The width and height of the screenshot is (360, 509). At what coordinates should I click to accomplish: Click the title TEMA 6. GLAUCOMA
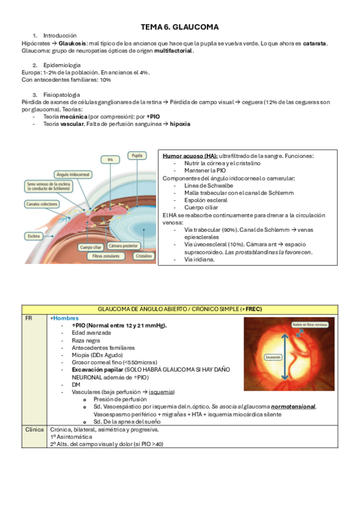(x=179, y=27)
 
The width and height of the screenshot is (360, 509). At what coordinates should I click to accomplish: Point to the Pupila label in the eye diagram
(x=137, y=155)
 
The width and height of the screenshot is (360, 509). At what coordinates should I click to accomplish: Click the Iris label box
(x=110, y=160)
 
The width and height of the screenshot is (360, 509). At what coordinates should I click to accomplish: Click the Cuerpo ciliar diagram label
(x=94, y=247)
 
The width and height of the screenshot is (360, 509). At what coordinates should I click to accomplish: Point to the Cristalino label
(x=143, y=256)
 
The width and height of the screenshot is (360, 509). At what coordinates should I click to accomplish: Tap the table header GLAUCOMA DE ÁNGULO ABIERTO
(x=179, y=309)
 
